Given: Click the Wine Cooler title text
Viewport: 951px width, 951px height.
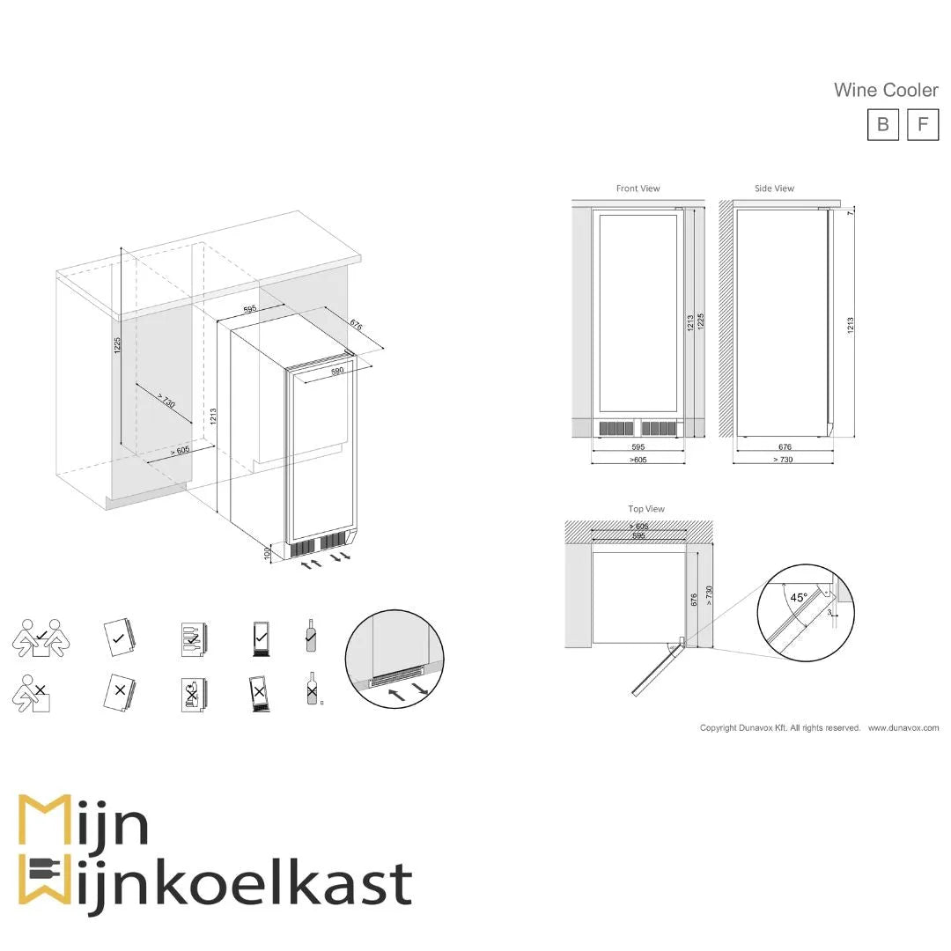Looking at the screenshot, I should pyautogui.click(x=886, y=90).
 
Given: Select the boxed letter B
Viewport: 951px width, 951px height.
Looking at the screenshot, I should pyautogui.click(x=882, y=124).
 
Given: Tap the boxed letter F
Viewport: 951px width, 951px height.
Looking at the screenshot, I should pyautogui.click(x=922, y=124).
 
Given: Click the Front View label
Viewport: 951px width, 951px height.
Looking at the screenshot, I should pyautogui.click(x=638, y=188).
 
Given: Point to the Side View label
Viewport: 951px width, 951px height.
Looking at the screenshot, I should pyautogui.click(x=774, y=188).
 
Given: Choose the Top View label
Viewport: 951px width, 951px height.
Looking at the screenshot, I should pyautogui.click(x=646, y=509).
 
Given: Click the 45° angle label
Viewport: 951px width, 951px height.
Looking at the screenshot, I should pyautogui.click(x=798, y=597).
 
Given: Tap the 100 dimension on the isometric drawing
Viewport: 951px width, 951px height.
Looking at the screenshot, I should pyautogui.click(x=269, y=552).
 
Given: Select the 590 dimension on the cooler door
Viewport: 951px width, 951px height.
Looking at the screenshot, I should pyautogui.click(x=337, y=372).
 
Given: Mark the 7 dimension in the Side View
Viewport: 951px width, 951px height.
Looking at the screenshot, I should pyautogui.click(x=851, y=214).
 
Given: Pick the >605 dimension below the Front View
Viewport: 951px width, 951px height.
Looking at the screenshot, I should pyautogui.click(x=638, y=460).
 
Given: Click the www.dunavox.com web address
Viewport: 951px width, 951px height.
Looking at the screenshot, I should pyautogui.click(x=903, y=728).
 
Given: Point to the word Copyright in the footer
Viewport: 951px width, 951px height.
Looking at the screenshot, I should pyautogui.click(x=718, y=728).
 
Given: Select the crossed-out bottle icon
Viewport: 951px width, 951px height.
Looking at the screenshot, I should pyautogui.click(x=311, y=689).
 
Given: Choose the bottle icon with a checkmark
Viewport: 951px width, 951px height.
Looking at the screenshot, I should pyautogui.click(x=311, y=635).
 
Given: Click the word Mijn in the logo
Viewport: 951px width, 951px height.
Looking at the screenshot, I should pyautogui.click(x=84, y=823).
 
